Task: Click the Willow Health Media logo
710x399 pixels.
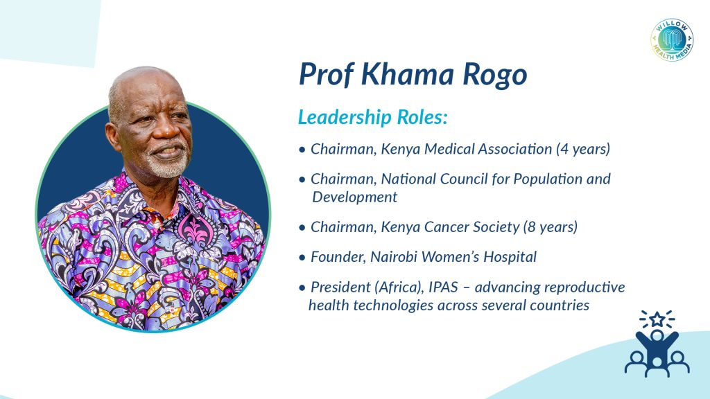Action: tap(672, 39)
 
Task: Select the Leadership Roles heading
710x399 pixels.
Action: tap(372, 116)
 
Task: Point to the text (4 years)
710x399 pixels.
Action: tap(583, 149)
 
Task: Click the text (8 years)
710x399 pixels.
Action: tap(550, 227)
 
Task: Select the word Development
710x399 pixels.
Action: tap(354, 197)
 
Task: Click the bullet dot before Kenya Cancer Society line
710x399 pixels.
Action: tap(302, 227)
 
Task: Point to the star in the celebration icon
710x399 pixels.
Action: tap(657, 320)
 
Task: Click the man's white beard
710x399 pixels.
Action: tap(168, 163)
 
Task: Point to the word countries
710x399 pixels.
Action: tap(560, 305)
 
